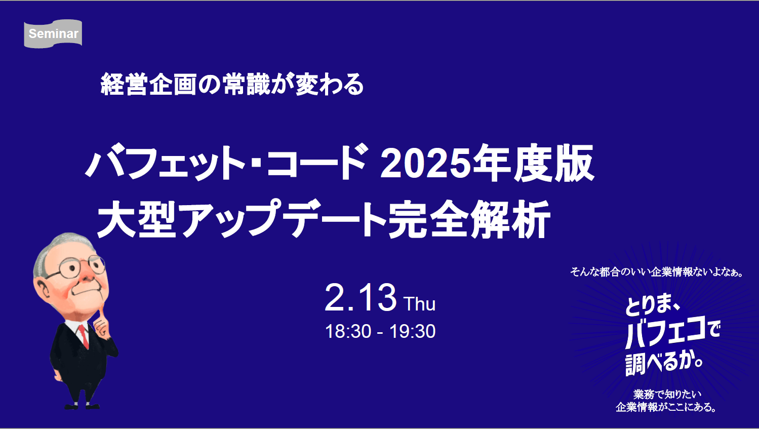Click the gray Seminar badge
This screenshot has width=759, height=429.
coord(53,34)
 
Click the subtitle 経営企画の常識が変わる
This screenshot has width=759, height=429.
coord(232,84)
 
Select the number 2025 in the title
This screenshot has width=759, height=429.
coord(425,164)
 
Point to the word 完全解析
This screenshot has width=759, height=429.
coord(469,220)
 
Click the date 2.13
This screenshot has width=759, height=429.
coord(360,298)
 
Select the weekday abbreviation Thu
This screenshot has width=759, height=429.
coord(419,304)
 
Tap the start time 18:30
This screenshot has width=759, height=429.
coord(348,331)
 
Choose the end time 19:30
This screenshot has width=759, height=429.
coord(412,331)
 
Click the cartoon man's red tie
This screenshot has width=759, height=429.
coord(84,336)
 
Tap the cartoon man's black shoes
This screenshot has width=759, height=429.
coord(81,405)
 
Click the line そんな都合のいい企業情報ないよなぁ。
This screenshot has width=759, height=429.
coord(657,272)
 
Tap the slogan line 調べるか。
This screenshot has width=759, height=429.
coord(664,363)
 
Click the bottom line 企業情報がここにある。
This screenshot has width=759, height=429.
coord(666,407)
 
